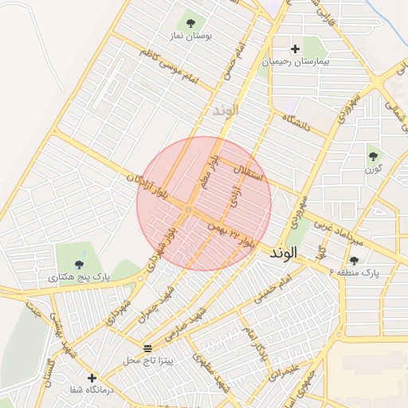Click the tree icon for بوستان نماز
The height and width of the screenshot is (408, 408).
190,22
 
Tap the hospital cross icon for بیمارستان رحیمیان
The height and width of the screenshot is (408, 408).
295,49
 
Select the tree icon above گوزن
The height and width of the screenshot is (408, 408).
373,156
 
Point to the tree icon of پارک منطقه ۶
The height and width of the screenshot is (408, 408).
354,260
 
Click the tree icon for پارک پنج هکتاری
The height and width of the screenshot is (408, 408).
79,264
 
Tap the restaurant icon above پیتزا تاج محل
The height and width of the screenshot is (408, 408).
147,348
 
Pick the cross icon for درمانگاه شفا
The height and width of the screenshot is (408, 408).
92,378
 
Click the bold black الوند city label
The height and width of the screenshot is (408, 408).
283,253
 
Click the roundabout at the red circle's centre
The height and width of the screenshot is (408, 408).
188,209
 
